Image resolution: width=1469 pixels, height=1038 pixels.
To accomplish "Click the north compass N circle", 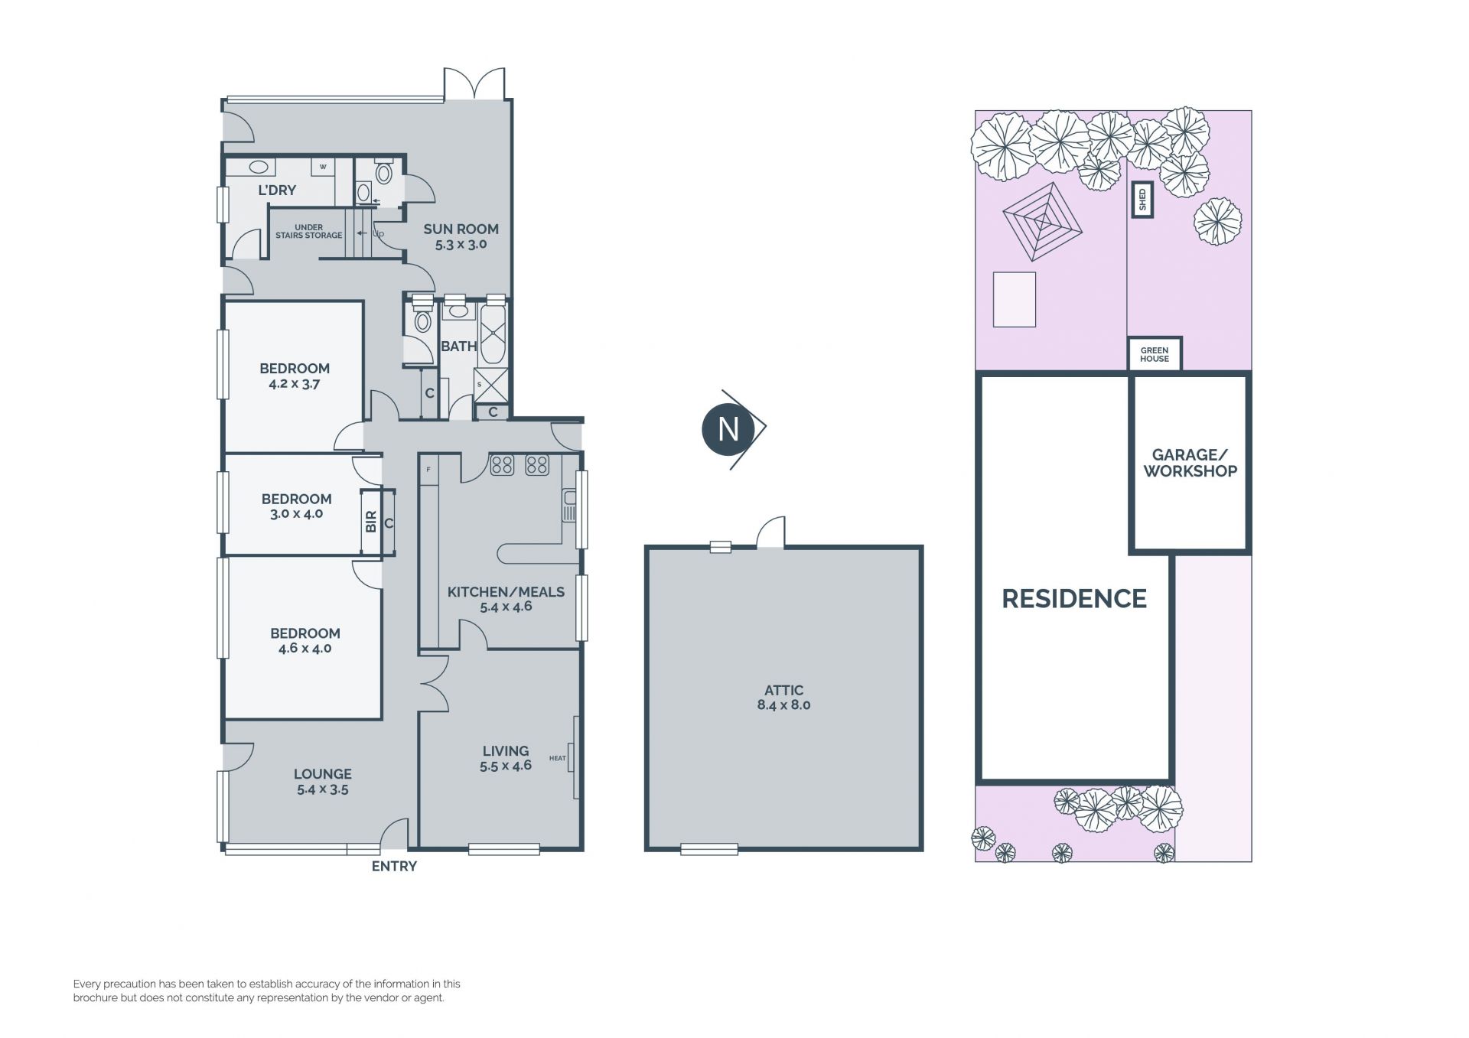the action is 728,429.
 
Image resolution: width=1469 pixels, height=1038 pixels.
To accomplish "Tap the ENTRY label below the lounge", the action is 394,866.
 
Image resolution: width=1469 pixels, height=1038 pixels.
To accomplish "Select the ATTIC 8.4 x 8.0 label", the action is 783,698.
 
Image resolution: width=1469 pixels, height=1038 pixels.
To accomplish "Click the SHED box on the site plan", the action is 1142,200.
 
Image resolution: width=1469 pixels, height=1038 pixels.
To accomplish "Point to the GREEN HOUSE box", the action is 1155,354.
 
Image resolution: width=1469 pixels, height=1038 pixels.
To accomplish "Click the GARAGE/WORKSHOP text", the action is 1190,464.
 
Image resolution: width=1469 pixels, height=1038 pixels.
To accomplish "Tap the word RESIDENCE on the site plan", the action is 1074,598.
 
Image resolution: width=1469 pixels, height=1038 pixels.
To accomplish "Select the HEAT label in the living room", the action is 557,758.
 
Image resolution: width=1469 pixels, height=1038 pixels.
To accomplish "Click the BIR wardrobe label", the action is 371,522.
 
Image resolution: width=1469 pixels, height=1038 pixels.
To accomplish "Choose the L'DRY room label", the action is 276,190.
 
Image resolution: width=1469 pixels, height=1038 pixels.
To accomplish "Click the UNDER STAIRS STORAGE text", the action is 308,231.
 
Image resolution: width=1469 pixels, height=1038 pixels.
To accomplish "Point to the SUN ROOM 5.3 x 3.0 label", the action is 461,236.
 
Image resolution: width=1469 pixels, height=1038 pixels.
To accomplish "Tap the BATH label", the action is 458,347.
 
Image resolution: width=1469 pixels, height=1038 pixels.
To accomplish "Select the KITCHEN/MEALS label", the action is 506,599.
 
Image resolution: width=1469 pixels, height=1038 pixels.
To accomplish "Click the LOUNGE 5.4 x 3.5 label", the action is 323,781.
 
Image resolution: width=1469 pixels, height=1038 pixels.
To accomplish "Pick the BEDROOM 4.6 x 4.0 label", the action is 305,640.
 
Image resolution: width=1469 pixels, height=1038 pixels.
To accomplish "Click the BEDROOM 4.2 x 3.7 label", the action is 295,376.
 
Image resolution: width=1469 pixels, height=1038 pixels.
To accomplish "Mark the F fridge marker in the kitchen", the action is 428,469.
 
